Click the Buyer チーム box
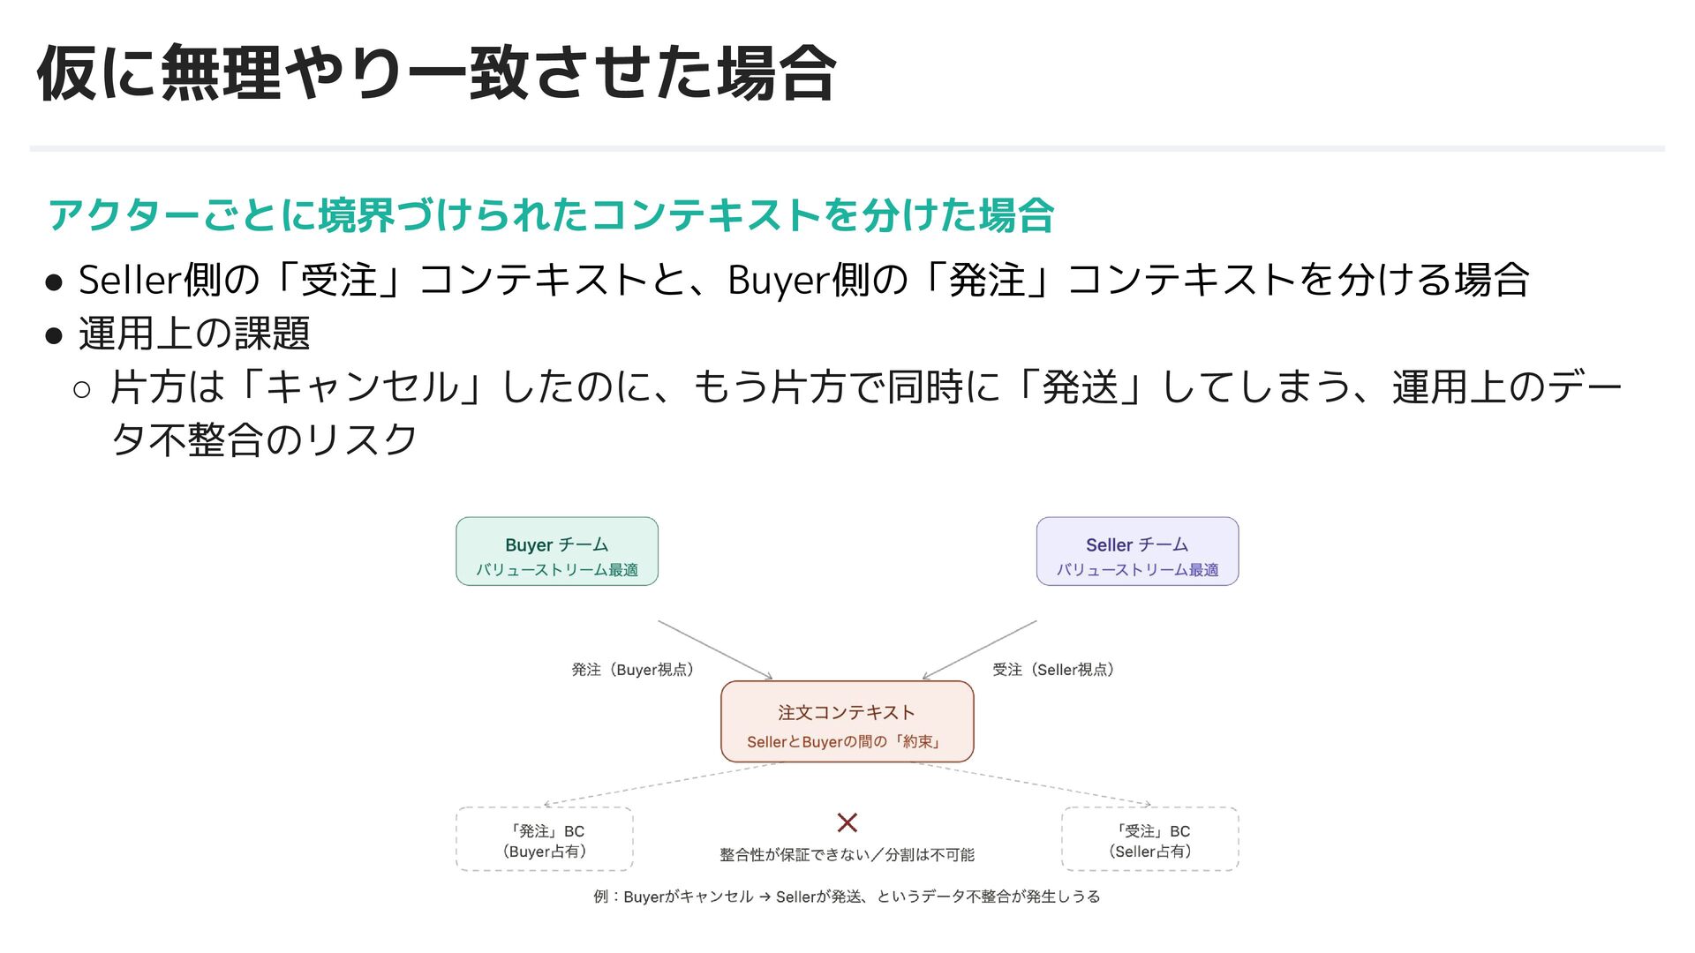[557, 552]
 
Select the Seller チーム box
[1137, 552]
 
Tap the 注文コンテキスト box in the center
[847, 722]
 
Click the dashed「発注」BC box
[545, 839]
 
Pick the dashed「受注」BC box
[1149, 839]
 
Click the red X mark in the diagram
[847, 822]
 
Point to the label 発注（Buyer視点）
[632, 670]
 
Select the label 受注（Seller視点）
[1052, 670]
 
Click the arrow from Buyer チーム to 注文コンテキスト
[715, 649]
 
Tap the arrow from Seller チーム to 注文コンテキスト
[980, 649]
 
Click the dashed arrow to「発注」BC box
[662, 784]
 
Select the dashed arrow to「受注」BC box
[1033, 784]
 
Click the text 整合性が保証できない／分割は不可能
[847, 854]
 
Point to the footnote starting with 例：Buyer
[847, 897]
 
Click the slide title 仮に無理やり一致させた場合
[436, 74]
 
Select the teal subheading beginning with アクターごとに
[551, 215]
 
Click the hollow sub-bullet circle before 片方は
[82, 389]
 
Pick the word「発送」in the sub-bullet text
[1080, 387]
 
